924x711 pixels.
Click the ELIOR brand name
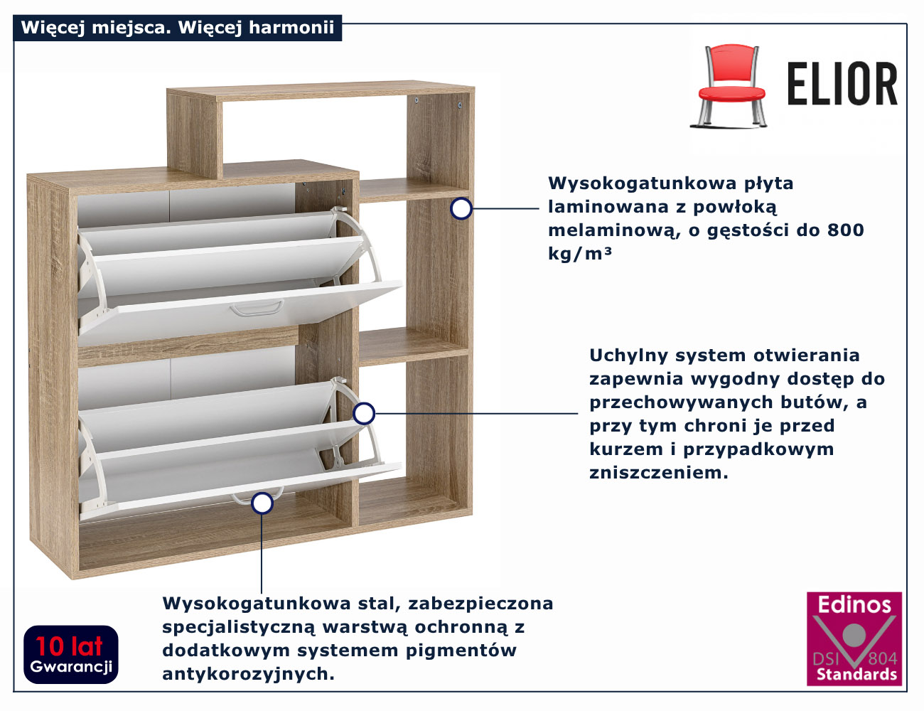(x=842, y=84)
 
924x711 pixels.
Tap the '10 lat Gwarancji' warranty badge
(x=70, y=654)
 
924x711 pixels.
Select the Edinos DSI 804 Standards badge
(x=854, y=638)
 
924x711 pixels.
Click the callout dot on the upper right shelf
(x=461, y=208)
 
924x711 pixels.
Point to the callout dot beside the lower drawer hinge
(x=364, y=413)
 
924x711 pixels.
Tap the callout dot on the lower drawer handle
(x=262, y=503)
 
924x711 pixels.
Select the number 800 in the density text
(x=845, y=230)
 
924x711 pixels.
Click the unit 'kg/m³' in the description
(x=579, y=254)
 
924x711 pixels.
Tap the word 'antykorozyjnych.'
(x=248, y=674)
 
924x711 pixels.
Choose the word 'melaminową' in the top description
(x=612, y=230)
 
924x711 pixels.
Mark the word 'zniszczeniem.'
(x=659, y=473)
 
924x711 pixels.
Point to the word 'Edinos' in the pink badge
(x=854, y=605)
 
